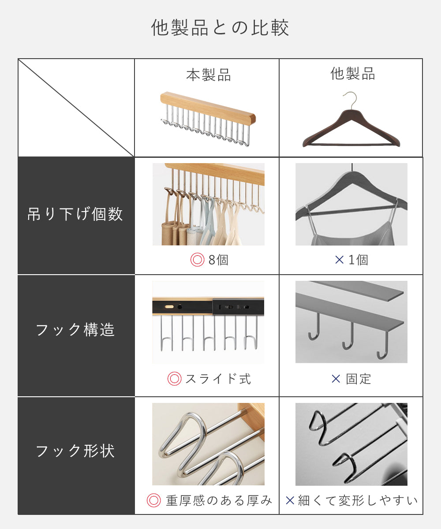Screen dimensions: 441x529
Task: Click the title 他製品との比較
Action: coord(220,28)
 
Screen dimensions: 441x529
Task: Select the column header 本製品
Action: coord(209,75)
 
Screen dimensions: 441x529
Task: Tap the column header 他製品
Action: coord(352,74)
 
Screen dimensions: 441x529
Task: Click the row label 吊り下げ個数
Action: coord(75,214)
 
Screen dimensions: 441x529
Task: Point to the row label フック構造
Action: coord(75,330)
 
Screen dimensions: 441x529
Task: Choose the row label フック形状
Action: coord(75,451)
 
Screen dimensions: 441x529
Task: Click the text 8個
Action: coord(218,260)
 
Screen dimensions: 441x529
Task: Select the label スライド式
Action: coord(218,379)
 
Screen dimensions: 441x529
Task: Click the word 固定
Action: coord(359,379)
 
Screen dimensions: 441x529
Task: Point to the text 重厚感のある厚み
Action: coord(219,501)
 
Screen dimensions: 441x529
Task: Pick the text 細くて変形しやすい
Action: coord(358,501)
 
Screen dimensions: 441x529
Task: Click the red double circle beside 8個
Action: coord(198,260)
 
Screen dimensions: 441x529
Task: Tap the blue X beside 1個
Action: coord(340,260)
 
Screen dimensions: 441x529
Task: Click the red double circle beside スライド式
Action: coord(174,379)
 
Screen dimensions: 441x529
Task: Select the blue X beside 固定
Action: coord(336,379)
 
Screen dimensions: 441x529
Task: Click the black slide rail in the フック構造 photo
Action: coord(208,307)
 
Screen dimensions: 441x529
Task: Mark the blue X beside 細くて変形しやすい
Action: coord(290,500)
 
